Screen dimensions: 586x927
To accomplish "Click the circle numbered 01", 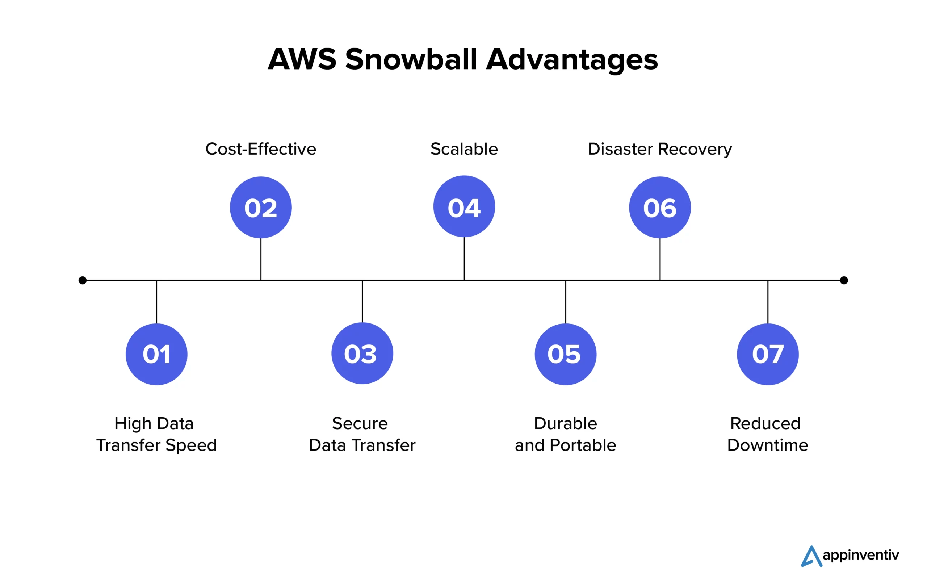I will [156, 354].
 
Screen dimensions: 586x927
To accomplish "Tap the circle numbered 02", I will [261, 208].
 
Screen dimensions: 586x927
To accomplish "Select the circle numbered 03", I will [362, 353].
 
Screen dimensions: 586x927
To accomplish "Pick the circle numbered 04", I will [464, 206].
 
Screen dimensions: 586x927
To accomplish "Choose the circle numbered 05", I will [565, 354].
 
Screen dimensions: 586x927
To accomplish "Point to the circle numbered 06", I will [660, 208].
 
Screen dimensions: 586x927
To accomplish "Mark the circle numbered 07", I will [768, 354].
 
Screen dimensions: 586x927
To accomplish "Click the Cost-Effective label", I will [261, 149].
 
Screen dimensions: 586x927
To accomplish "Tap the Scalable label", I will [464, 149].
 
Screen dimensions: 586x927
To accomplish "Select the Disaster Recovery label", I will [660, 149].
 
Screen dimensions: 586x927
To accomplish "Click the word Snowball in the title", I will [411, 59].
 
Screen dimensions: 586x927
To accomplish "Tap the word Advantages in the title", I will [572, 60].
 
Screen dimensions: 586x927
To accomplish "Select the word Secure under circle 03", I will [360, 423].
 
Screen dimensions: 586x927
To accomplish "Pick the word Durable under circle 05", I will [565, 423].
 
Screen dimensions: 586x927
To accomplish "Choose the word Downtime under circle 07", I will [768, 445].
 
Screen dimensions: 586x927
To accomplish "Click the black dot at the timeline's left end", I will [83, 280].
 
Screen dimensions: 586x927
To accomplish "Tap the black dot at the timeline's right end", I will [844, 280].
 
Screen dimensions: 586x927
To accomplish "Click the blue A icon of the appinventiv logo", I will [811, 557].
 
